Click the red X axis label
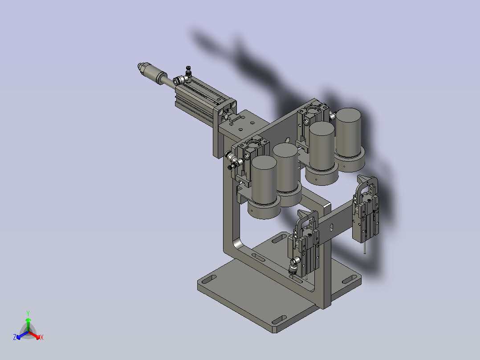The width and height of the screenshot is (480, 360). (41, 338)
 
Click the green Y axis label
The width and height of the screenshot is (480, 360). (28, 313)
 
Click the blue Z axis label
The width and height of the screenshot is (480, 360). (15, 337)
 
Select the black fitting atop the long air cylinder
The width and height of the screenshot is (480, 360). (188, 70)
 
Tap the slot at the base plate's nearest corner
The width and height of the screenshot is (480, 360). (278, 320)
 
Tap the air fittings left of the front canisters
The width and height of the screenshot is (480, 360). (232, 160)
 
